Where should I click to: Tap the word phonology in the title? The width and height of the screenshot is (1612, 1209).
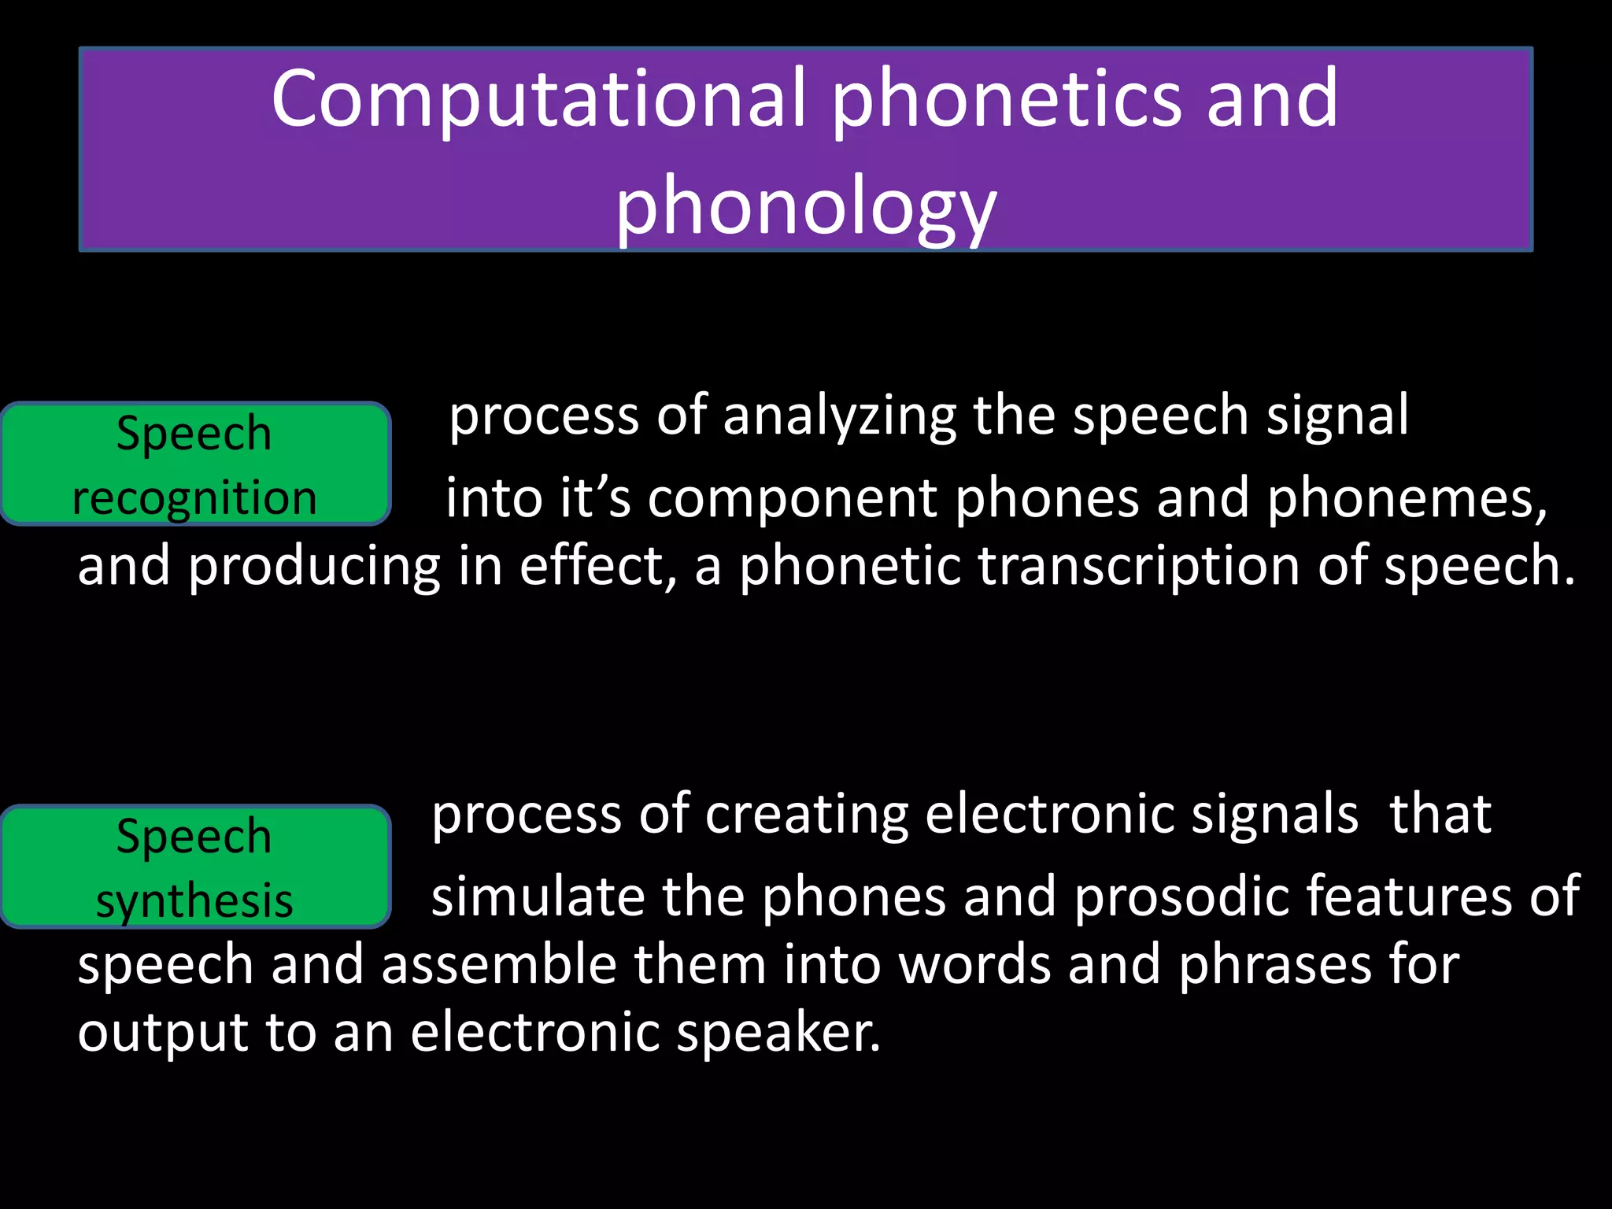(x=805, y=206)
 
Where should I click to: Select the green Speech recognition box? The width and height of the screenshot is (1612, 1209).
(x=194, y=464)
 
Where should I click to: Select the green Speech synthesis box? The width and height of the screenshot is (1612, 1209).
(x=194, y=867)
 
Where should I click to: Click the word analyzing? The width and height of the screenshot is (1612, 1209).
(x=839, y=417)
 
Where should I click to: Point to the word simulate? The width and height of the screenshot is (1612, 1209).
(x=538, y=897)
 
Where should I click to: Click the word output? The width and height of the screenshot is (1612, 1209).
(x=162, y=1033)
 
